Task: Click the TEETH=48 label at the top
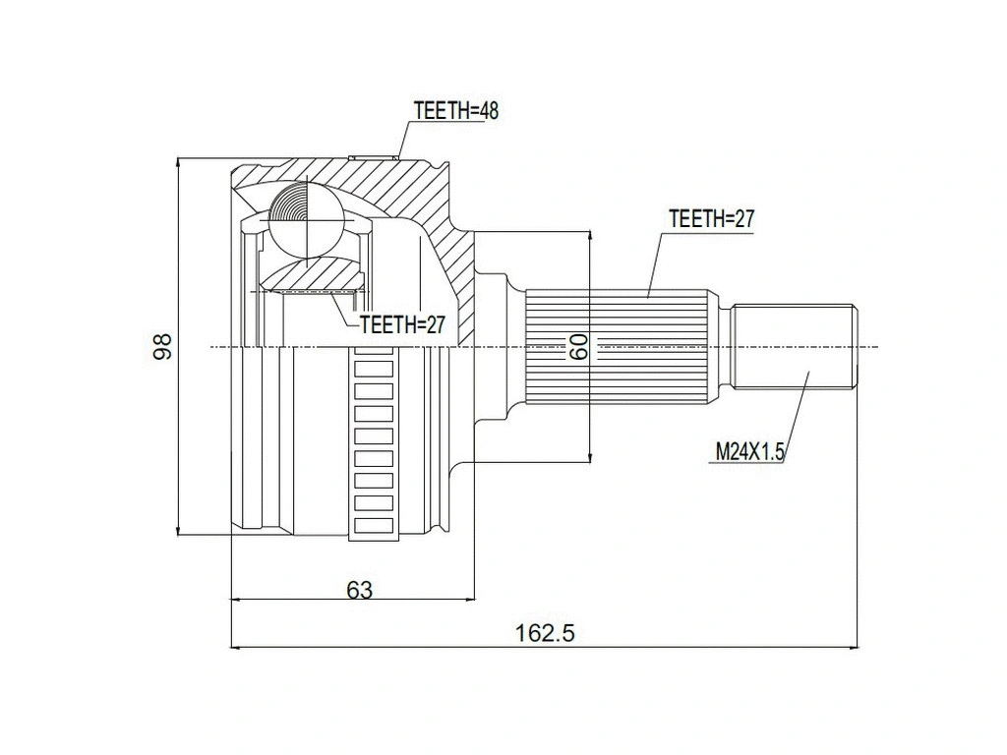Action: pos(456,111)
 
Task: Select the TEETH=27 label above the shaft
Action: pos(711,219)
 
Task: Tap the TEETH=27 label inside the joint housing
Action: pos(402,325)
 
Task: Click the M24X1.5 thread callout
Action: pos(748,451)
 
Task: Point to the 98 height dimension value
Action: pos(163,345)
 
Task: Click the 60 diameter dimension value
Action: pos(577,345)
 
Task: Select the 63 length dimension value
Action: pos(360,589)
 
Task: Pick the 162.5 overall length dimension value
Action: pos(544,633)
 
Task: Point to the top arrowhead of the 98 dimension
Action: pos(178,162)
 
